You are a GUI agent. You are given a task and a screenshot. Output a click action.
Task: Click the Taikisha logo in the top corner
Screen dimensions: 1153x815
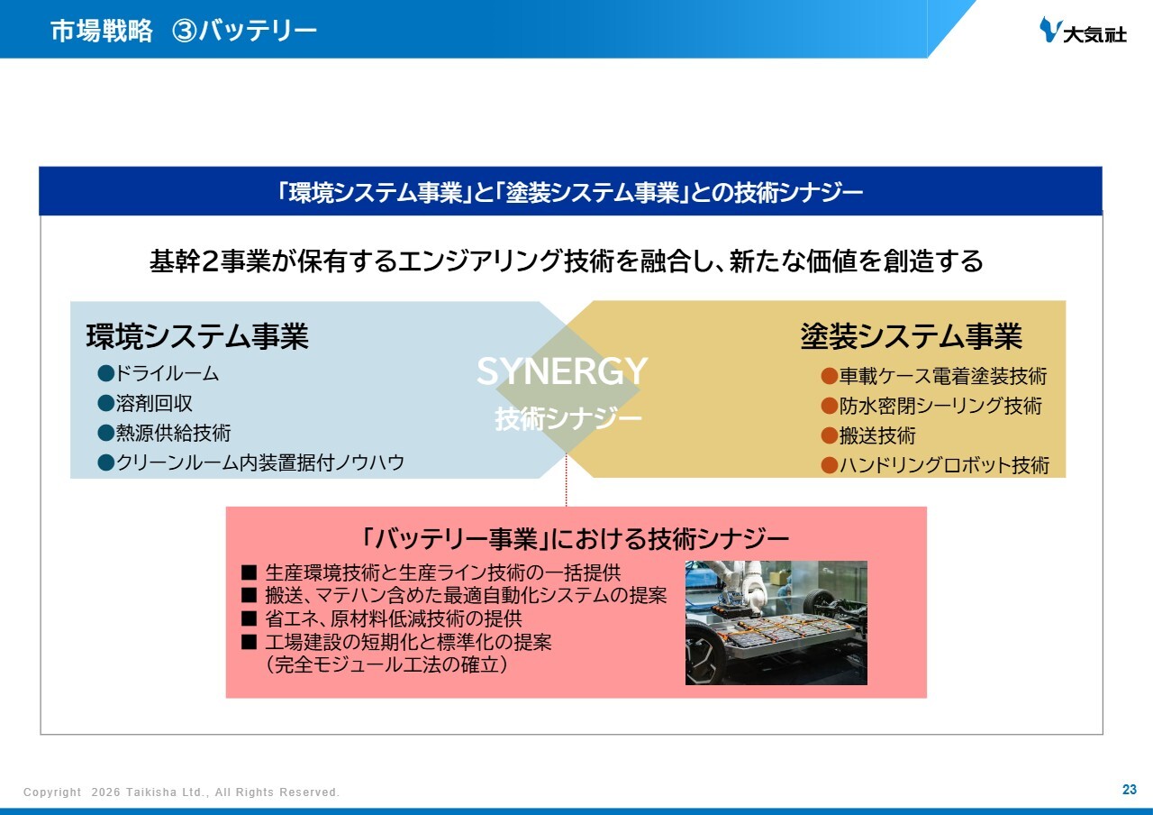(x=1083, y=30)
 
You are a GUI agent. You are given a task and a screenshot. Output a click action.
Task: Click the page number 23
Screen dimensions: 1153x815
(x=1130, y=789)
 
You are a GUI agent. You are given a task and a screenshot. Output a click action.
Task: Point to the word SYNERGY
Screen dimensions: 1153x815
(x=562, y=371)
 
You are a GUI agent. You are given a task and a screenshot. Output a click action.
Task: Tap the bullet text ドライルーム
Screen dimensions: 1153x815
(x=167, y=373)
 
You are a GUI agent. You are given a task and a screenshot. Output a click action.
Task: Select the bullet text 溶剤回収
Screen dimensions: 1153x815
(x=154, y=403)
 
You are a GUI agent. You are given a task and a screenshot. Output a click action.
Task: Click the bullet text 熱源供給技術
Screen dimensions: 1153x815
(x=173, y=433)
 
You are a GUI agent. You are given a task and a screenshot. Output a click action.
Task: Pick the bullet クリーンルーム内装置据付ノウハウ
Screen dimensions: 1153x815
(x=260, y=462)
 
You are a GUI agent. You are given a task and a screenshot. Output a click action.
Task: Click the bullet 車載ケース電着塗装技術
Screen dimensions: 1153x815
(x=943, y=376)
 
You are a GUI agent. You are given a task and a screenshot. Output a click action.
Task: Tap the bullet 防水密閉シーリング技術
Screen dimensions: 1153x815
(x=940, y=406)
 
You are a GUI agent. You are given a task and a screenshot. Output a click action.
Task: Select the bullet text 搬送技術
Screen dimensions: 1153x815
(x=877, y=435)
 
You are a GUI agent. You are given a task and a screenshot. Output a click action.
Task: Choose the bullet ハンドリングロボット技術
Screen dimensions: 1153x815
(x=944, y=465)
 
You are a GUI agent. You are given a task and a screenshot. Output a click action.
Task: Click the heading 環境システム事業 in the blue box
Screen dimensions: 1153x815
(x=197, y=336)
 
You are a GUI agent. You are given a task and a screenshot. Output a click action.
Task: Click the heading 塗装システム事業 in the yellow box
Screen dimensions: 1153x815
(x=911, y=336)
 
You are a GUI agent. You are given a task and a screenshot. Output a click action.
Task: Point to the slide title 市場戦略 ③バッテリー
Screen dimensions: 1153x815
(x=183, y=31)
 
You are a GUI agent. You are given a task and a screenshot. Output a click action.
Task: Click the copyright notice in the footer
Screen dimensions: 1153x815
(x=181, y=792)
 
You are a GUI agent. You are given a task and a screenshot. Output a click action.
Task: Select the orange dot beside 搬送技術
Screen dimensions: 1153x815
(x=830, y=435)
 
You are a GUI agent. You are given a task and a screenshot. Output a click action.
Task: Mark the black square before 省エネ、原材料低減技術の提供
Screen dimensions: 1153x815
(x=249, y=618)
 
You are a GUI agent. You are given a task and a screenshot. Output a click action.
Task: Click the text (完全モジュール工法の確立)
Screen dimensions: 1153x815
(x=386, y=664)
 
